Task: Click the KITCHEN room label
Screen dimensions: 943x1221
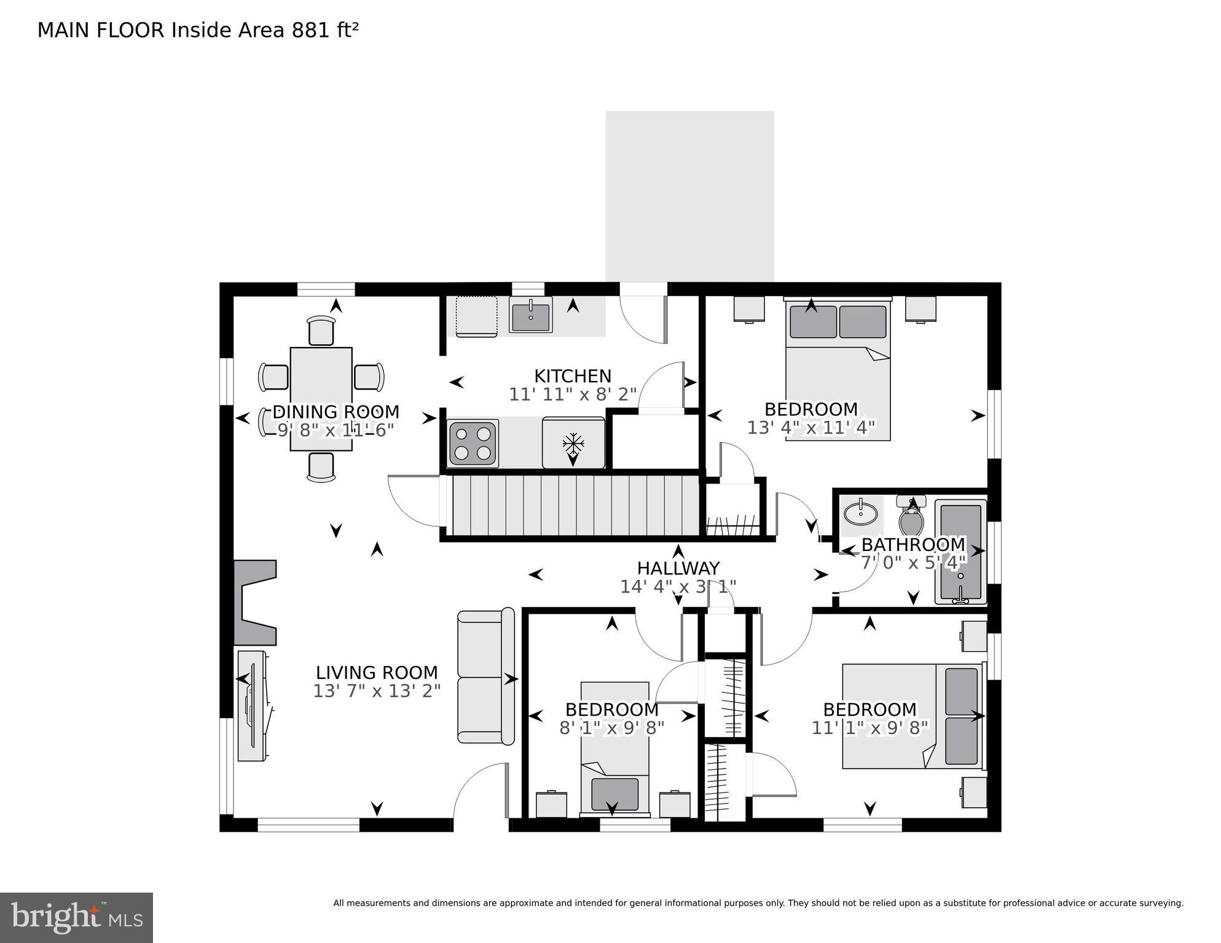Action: [x=572, y=376]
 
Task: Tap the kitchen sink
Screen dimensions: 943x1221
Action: [x=530, y=315]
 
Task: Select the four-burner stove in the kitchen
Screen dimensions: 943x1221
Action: [x=473, y=443]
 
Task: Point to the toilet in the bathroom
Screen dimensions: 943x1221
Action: [x=911, y=519]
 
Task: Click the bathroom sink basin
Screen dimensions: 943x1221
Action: [x=860, y=513]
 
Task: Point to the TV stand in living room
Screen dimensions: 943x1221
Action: [x=253, y=706]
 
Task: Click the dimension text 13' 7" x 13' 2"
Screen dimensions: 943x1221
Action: [x=377, y=692]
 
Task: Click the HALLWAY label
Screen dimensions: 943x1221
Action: [x=678, y=568]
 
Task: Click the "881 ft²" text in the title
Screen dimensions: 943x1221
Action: [x=325, y=30]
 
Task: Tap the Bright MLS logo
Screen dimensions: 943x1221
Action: [x=76, y=917]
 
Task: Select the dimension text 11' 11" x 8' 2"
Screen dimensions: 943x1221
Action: [x=572, y=394]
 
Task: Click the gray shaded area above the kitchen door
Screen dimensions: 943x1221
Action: [x=689, y=195]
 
